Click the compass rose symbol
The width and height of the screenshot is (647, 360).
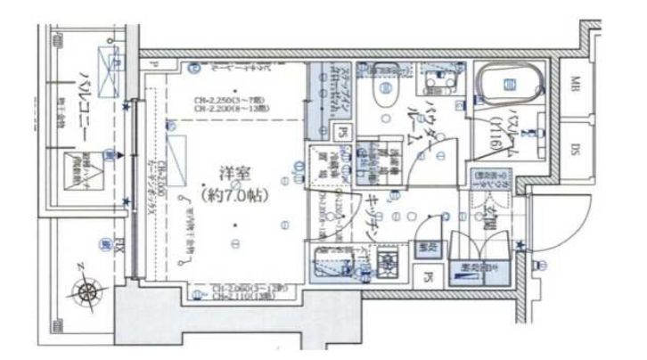(87, 289)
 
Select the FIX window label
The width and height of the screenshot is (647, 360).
(105, 241)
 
